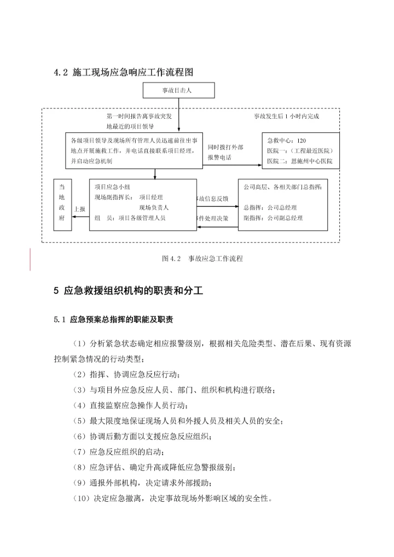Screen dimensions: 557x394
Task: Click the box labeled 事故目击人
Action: point(178,90)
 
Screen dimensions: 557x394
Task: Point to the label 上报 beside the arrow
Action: point(79,208)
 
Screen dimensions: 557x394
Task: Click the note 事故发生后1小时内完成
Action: point(286,117)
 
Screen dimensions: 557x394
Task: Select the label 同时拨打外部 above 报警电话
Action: point(225,147)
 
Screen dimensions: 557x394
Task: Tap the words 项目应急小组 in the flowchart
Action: point(112,186)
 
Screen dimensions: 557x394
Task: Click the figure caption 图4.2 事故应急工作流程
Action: point(202,258)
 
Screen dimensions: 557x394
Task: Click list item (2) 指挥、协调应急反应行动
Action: point(126,374)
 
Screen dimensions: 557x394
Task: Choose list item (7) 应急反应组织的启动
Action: point(118,452)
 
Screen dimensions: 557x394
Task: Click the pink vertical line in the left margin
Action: point(30,259)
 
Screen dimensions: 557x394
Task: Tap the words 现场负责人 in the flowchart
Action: point(154,207)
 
